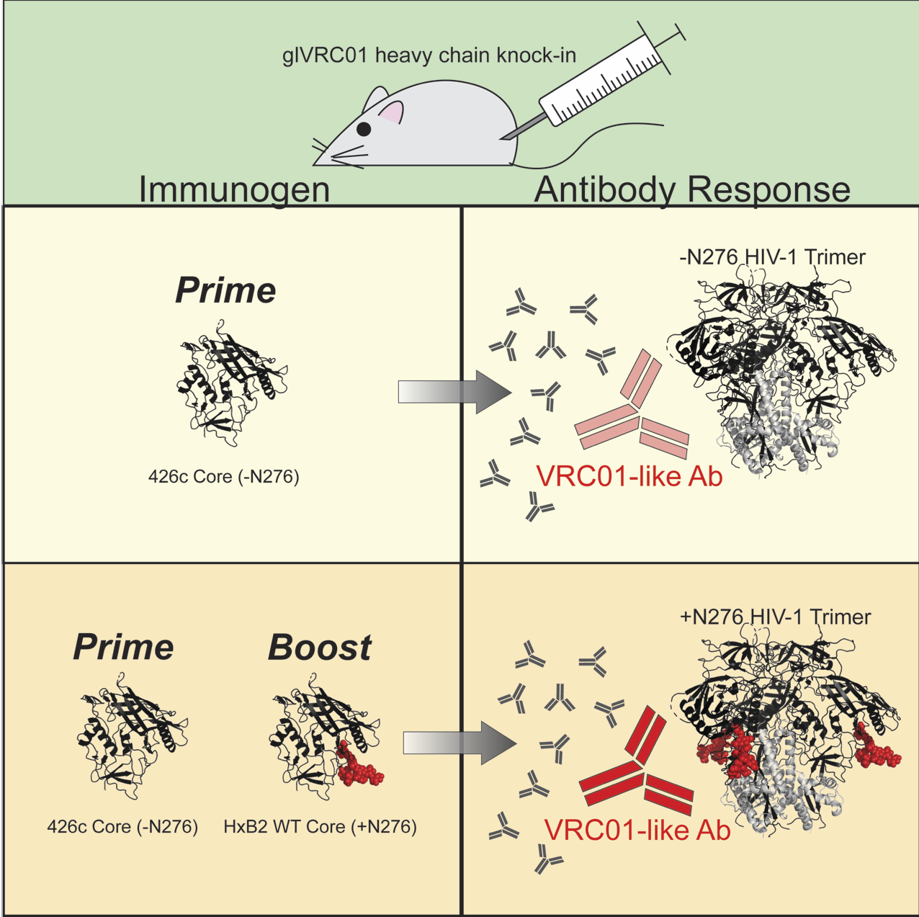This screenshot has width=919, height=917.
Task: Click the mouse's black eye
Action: pyautogui.click(x=364, y=130)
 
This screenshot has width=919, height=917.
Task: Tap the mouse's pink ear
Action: pyautogui.click(x=391, y=112)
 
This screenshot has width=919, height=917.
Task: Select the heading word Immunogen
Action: pyautogui.click(x=234, y=189)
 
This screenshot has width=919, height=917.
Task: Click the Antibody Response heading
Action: pyautogui.click(x=692, y=189)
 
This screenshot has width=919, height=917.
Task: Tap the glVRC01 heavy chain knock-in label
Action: pyautogui.click(x=429, y=55)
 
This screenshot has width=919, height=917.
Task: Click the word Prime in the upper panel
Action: pyautogui.click(x=225, y=290)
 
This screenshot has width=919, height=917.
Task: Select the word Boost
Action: pyautogui.click(x=320, y=648)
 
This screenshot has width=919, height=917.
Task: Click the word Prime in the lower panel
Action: pyautogui.click(x=123, y=648)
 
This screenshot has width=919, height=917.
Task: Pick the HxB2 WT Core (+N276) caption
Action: pyautogui.click(x=320, y=826)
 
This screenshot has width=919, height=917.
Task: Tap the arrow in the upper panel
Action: pyautogui.click(x=454, y=393)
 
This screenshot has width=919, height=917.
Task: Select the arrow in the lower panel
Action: pyautogui.click(x=459, y=743)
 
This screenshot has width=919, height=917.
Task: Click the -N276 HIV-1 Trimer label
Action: pyautogui.click(x=772, y=257)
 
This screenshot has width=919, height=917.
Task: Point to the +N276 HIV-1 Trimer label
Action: pyautogui.click(x=775, y=617)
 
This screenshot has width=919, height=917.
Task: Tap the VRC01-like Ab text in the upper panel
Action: pyautogui.click(x=629, y=476)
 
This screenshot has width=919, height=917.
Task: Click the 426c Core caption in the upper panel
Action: pyautogui.click(x=223, y=476)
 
